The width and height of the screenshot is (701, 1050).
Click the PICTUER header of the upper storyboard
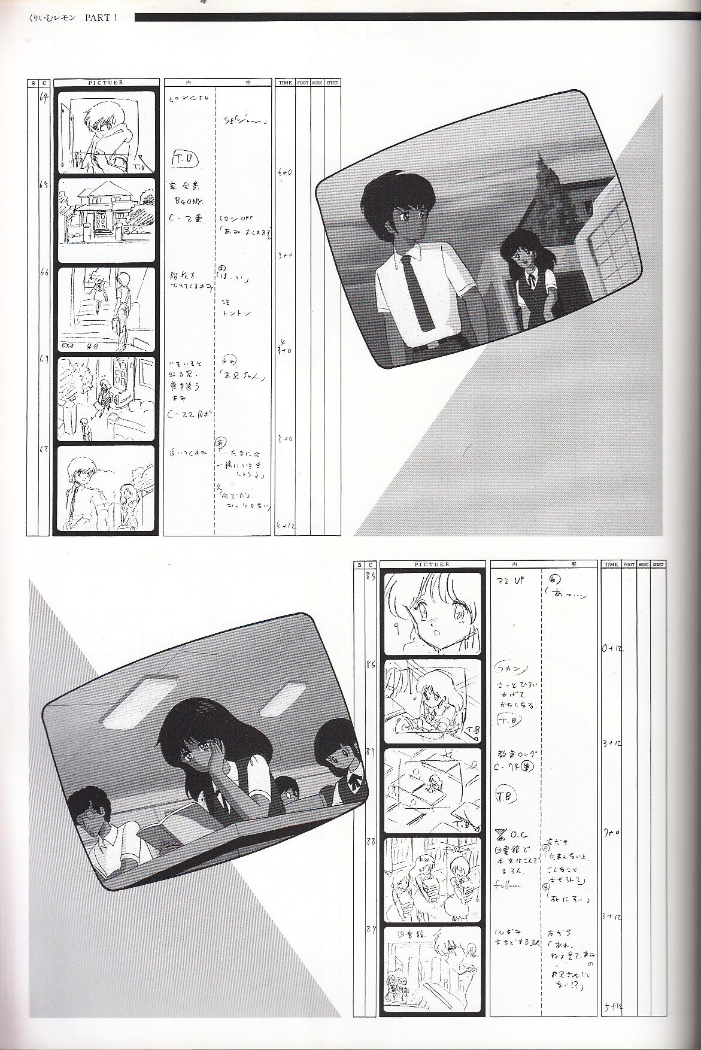click(107, 83)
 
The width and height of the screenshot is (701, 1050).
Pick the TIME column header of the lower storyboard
click(611, 564)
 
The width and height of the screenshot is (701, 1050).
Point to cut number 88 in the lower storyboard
click(370, 842)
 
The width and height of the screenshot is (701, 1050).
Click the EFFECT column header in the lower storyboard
click(658, 564)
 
